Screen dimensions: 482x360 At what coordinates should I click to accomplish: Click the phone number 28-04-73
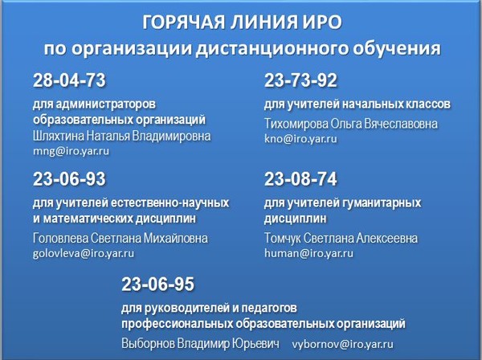point(69,80)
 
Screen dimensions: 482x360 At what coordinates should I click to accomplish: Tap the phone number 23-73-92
point(300,80)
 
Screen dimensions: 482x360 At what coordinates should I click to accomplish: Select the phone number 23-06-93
point(69,179)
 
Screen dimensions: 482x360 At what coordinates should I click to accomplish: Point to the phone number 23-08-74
point(300,179)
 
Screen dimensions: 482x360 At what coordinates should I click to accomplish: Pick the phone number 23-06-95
point(157,284)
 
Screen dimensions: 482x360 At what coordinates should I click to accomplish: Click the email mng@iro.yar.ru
point(71,151)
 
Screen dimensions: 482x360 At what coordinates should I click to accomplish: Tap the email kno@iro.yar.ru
point(300,139)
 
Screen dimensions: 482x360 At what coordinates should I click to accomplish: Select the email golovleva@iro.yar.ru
point(84,253)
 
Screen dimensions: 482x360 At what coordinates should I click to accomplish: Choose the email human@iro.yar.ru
point(309,253)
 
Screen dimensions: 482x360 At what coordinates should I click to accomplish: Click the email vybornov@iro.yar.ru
point(343,344)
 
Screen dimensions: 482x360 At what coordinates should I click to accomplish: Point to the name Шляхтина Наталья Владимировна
point(122,136)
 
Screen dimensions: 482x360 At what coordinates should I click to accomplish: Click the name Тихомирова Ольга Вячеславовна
point(351,124)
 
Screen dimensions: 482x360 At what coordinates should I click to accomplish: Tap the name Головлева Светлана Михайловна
point(120,238)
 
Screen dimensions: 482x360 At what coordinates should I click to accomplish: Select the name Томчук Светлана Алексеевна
point(341,238)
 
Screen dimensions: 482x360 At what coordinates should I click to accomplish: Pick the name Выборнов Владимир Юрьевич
point(200,343)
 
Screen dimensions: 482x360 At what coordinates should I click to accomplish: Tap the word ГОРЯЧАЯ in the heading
point(183,22)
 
